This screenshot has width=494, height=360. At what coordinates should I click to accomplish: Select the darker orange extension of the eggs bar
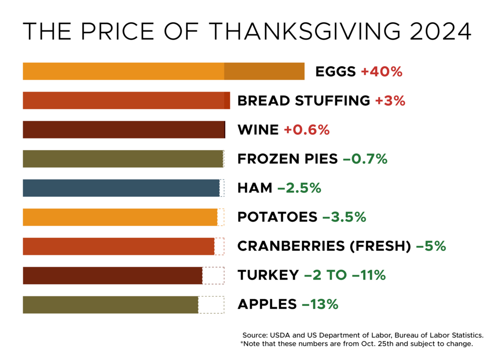264,71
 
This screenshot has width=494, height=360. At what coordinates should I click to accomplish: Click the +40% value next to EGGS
381,72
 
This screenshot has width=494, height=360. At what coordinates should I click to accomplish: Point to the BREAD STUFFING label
303,101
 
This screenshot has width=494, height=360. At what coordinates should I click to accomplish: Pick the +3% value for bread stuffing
390,101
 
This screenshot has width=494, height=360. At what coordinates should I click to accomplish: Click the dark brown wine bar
123,130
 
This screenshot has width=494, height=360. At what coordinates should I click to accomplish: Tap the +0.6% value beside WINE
306,130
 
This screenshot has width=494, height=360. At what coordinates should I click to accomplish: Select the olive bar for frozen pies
123,159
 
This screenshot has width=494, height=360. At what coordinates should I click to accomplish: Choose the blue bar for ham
121,188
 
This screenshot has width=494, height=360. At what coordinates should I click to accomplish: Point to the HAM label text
255,188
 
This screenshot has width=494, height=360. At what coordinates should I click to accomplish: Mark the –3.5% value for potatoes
344,217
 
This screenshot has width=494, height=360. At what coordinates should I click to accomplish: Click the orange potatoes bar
120,217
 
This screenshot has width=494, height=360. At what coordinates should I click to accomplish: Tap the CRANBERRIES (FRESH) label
324,246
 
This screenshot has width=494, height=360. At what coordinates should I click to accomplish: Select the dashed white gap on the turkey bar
213,275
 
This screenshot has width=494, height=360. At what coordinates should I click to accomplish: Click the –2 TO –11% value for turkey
344,275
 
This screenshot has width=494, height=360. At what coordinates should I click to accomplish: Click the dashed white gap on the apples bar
211,305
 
